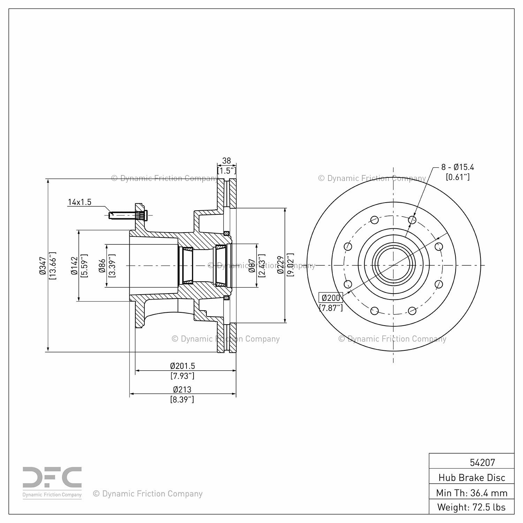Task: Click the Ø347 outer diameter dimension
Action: (x=43, y=266)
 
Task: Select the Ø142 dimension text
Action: (x=74, y=266)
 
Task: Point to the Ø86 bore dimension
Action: (x=102, y=266)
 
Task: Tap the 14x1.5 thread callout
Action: (x=79, y=202)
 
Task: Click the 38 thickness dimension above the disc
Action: (x=227, y=161)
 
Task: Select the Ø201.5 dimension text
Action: (x=182, y=366)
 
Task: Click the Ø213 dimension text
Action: (x=182, y=389)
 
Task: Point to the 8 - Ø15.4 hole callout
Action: (x=457, y=167)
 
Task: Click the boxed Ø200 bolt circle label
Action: (x=331, y=298)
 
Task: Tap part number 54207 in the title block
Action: (x=482, y=462)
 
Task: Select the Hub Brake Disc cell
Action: (x=472, y=477)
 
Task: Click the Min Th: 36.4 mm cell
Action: (x=472, y=493)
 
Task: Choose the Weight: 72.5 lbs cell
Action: (x=472, y=507)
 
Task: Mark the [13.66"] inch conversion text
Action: (x=53, y=266)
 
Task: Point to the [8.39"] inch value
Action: (x=182, y=400)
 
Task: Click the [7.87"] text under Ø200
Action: (x=331, y=308)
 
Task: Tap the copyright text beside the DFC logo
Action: (x=148, y=494)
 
